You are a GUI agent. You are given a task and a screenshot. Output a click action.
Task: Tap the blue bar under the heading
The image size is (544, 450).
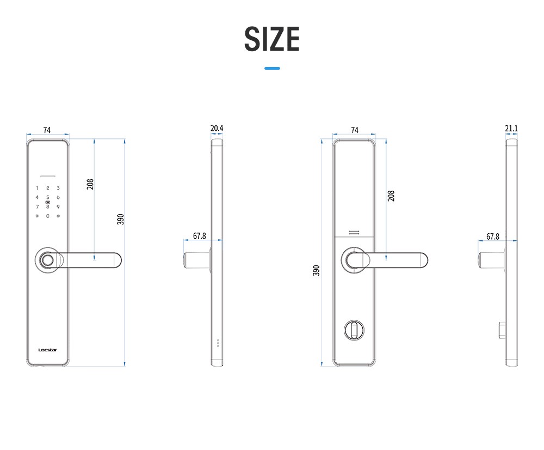(x=272, y=68)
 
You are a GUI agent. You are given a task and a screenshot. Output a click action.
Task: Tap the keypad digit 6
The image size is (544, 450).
(x=58, y=197)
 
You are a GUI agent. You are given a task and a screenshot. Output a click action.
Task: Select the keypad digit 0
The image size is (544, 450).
(x=48, y=216)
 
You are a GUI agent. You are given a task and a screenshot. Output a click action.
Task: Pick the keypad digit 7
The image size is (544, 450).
(x=37, y=206)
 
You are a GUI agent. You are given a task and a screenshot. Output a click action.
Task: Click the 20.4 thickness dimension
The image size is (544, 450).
(x=217, y=129)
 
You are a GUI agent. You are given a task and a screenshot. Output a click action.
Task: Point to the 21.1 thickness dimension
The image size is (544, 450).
(x=511, y=129)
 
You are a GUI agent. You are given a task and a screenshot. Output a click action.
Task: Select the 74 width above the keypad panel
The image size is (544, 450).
(x=47, y=130)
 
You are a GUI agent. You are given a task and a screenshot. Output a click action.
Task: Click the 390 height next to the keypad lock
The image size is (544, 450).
(x=121, y=219)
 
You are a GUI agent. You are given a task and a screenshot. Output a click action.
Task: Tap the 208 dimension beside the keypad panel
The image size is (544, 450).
(x=90, y=184)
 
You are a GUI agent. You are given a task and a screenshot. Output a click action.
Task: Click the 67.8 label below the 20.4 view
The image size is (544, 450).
(x=200, y=236)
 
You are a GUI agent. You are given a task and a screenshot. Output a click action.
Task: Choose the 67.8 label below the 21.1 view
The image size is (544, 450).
(x=493, y=236)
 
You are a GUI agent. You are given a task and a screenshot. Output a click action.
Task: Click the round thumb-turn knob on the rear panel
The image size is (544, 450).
(x=354, y=330)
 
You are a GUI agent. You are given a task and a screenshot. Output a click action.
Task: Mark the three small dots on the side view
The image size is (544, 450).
(x=218, y=343)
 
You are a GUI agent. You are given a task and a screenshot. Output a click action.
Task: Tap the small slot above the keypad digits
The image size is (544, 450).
(x=48, y=177)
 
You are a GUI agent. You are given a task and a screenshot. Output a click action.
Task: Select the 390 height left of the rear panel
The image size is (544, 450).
(x=317, y=270)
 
